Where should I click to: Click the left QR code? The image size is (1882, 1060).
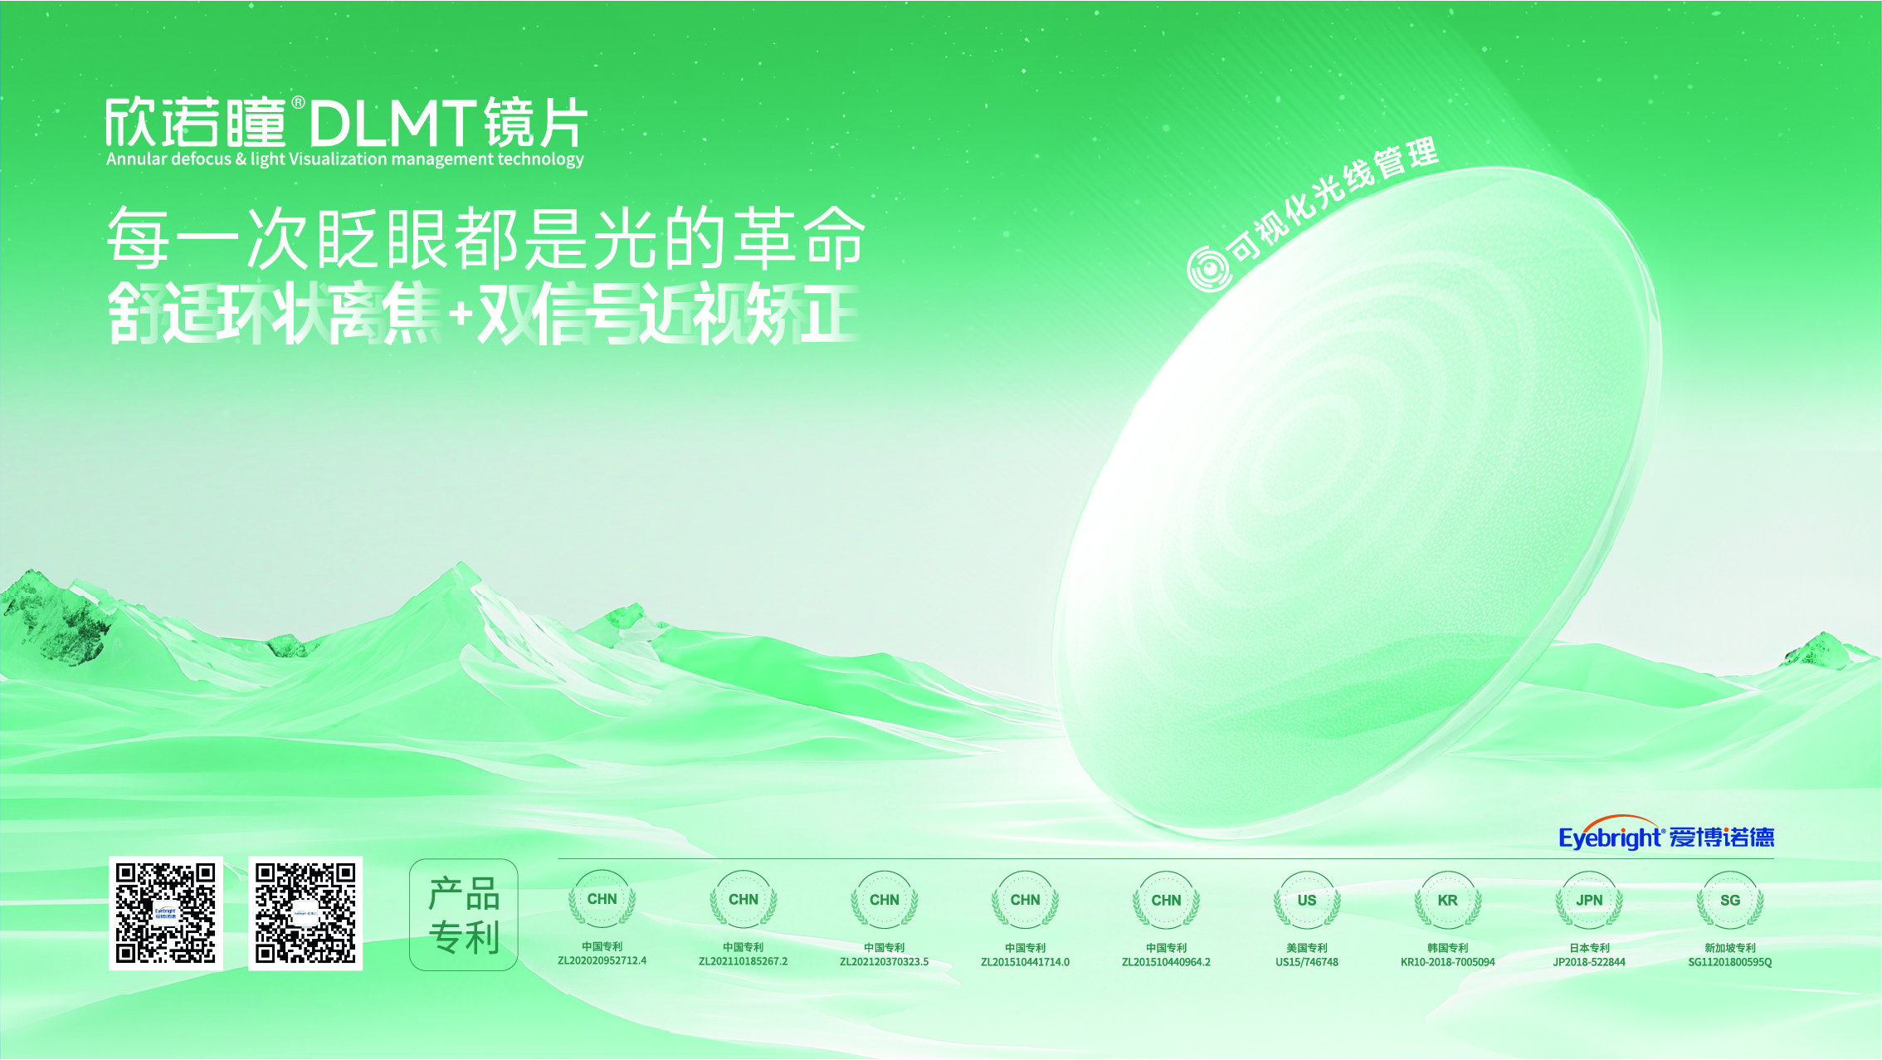[x=166, y=913]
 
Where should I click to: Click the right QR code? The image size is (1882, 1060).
[x=305, y=913]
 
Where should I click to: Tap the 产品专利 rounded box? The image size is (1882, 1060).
[x=464, y=915]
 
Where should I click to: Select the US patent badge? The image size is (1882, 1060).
[x=1307, y=901]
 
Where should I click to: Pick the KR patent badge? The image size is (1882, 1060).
[x=1448, y=901]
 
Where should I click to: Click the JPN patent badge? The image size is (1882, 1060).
[x=1589, y=901]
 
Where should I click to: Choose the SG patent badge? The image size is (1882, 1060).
[x=1730, y=901]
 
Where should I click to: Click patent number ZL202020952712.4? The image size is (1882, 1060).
[x=602, y=961]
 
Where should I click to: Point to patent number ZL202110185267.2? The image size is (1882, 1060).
[x=743, y=962]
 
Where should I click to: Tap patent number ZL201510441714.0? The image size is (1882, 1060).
[x=1025, y=963]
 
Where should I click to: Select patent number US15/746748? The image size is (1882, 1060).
[x=1307, y=963]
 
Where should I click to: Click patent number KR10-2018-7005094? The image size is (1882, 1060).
[x=1448, y=963]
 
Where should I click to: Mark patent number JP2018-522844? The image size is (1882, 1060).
[x=1589, y=963]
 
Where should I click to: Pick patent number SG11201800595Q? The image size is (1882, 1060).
[x=1730, y=963]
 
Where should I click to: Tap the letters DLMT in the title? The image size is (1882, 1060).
[x=393, y=125]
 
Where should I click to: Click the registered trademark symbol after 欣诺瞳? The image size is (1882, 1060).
[x=298, y=103]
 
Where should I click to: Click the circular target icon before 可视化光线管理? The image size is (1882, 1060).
[x=1207, y=269]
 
